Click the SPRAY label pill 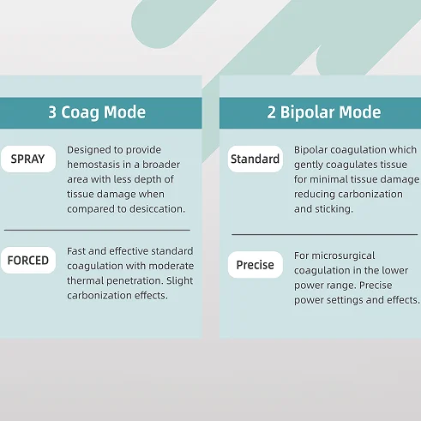tap(28, 159)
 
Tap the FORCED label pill tap(28, 260)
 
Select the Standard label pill tap(256, 159)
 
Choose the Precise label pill tap(256, 265)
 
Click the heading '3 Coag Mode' tap(97, 112)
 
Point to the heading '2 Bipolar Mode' tap(324, 112)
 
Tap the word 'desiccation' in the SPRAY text tap(157, 209)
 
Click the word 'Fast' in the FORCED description tap(76, 251)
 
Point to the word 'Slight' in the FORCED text tap(180, 280)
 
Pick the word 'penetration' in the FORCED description tap(133, 281)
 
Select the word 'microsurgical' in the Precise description tap(343, 256)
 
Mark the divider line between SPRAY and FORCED tap(97, 230)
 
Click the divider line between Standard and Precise tap(325, 234)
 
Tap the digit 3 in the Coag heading tap(52, 112)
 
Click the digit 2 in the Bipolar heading tap(271, 112)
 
